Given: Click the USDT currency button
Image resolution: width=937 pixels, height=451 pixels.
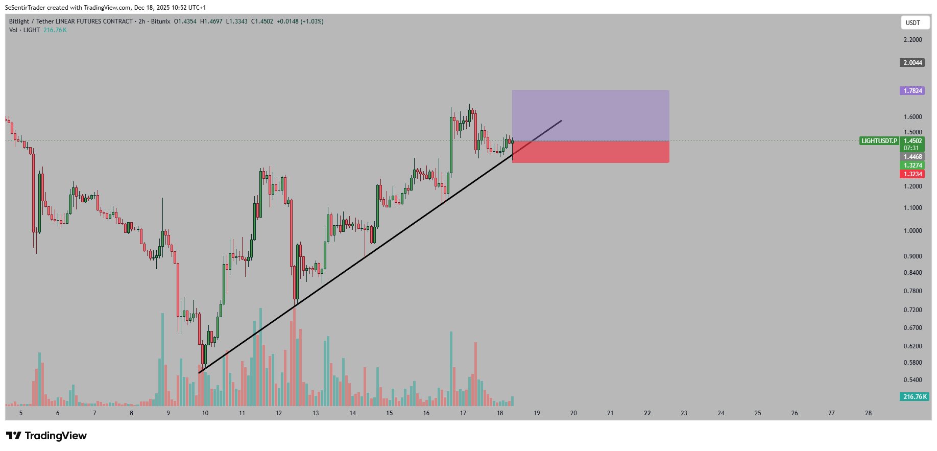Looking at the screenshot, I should click(x=912, y=22).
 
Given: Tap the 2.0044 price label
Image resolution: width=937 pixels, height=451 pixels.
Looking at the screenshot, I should click(x=912, y=63).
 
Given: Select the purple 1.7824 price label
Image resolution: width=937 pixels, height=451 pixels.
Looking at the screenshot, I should click(x=912, y=91).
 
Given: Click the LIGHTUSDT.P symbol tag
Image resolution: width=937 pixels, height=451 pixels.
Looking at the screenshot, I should click(x=879, y=141).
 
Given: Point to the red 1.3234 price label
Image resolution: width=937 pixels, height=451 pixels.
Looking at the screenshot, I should click(x=912, y=174).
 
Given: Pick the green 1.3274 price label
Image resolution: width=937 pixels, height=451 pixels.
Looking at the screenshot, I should click(x=912, y=165).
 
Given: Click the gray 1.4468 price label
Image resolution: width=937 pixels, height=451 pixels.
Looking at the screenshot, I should click(x=912, y=157).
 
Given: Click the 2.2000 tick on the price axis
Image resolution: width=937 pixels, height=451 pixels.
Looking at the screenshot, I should click(x=912, y=40).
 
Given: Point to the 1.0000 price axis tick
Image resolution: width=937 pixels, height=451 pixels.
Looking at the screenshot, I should click(x=912, y=231).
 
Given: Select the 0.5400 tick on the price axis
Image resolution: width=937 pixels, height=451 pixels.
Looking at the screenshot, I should click(x=912, y=380).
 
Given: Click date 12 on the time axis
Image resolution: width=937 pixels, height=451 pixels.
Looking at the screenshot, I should click(x=279, y=413).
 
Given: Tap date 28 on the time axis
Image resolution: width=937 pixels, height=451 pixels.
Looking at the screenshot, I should click(x=868, y=413).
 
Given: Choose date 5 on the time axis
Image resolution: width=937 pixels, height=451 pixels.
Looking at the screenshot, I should click(x=21, y=413).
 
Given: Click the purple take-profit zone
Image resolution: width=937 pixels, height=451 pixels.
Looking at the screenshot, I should click(x=590, y=115).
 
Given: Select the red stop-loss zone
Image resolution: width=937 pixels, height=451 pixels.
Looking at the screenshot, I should click(x=590, y=152).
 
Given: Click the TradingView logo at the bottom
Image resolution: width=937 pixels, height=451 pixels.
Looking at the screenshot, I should click(x=46, y=436).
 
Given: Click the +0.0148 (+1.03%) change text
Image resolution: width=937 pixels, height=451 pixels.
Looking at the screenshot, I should click(x=300, y=21).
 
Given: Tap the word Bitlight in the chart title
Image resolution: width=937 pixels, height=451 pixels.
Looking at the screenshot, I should click(x=19, y=21).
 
